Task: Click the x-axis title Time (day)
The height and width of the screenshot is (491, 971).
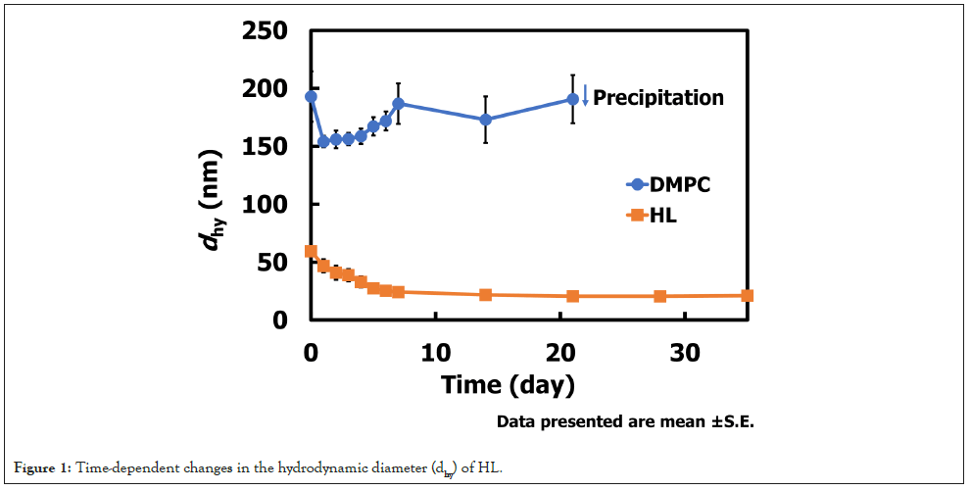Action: (x=507, y=384)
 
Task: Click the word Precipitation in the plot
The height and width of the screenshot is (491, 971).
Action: (x=658, y=98)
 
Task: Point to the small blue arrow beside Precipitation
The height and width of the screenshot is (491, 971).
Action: (x=585, y=95)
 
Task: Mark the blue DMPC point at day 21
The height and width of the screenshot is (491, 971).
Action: (x=572, y=99)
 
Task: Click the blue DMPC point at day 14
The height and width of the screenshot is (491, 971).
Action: (x=485, y=120)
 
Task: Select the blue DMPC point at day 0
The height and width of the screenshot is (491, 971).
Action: (x=311, y=96)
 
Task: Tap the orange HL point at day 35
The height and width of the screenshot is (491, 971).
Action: (x=748, y=295)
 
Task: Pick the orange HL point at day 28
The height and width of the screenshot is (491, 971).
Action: (x=660, y=296)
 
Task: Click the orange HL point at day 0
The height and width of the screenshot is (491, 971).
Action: (x=311, y=251)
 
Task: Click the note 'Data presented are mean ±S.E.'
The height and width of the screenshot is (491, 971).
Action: (x=626, y=422)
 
